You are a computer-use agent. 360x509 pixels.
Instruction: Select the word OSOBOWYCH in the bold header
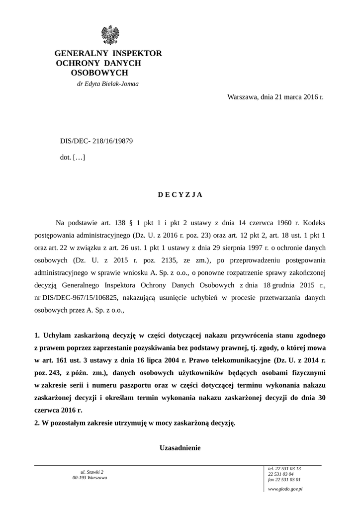coord(99,73)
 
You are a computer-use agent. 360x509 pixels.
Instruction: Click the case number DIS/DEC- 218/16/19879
coord(96,141)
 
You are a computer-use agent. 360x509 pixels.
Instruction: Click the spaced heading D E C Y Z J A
coord(180,195)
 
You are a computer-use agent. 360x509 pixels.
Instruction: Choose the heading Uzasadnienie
coord(180,448)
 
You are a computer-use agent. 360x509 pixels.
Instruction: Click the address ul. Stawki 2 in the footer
coord(91,472)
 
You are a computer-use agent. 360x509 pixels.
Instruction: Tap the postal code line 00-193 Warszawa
coord(90,478)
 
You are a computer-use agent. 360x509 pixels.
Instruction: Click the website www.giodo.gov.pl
coord(285,490)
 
